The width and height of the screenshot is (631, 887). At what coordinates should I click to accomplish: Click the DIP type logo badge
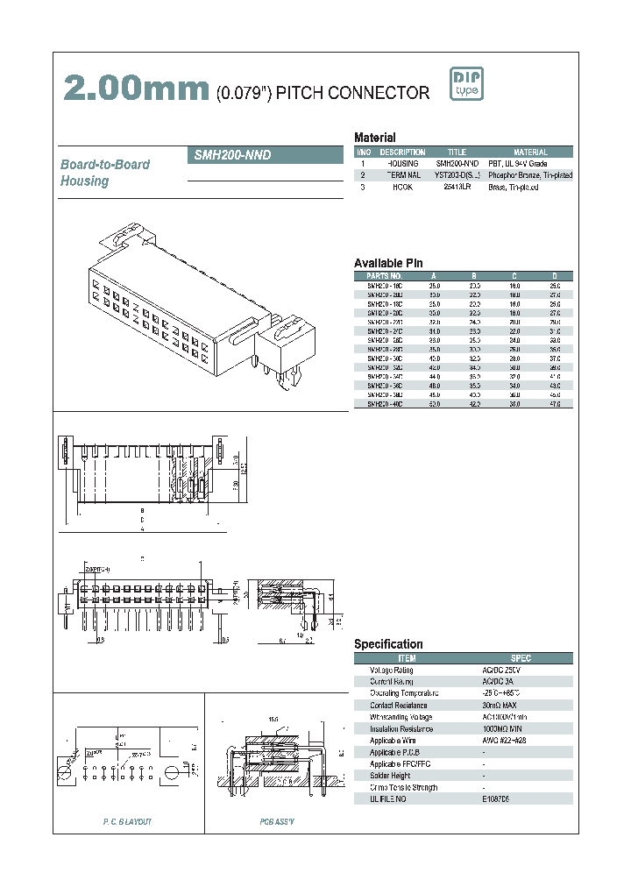[x=466, y=83]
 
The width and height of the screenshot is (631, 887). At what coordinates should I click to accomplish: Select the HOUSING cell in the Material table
[x=403, y=164]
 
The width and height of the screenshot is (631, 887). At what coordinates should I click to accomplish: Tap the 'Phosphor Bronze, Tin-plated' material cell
[x=530, y=175]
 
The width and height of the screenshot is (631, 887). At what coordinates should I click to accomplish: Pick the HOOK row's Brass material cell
[x=514, y=187]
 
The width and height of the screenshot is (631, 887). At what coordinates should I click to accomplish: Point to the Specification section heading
[x=388, y=644]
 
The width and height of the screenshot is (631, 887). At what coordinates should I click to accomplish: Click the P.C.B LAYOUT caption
[x=127, y=821]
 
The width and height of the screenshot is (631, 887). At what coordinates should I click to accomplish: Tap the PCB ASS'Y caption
[x=277, y=821]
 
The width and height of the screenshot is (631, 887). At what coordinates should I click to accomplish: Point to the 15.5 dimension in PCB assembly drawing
[x=273, y=719]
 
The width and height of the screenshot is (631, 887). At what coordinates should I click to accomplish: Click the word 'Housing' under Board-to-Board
[x=84, y=181]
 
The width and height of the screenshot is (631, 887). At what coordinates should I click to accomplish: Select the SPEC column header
[x=521, y=658]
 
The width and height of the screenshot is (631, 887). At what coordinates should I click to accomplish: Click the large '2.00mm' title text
[x=135, y=89]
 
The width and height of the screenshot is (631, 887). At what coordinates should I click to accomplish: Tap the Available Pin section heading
[x=388, y=263]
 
